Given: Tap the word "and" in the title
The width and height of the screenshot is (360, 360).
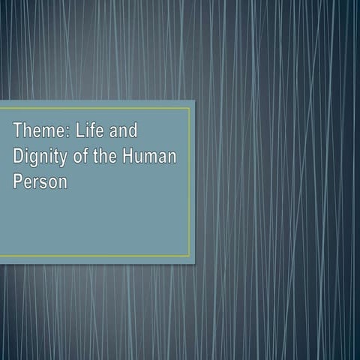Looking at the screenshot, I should tap(124, 132).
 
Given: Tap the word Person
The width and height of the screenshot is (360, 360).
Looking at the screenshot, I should tap(40, 181).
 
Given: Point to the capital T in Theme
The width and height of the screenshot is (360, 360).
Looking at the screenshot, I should tap(17, 132).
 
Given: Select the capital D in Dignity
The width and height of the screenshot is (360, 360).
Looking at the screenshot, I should tap(18, 157).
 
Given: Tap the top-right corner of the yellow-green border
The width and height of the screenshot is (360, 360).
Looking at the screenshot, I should tap(190, 108).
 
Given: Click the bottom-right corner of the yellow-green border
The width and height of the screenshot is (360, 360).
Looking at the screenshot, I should tap(190, 256).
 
